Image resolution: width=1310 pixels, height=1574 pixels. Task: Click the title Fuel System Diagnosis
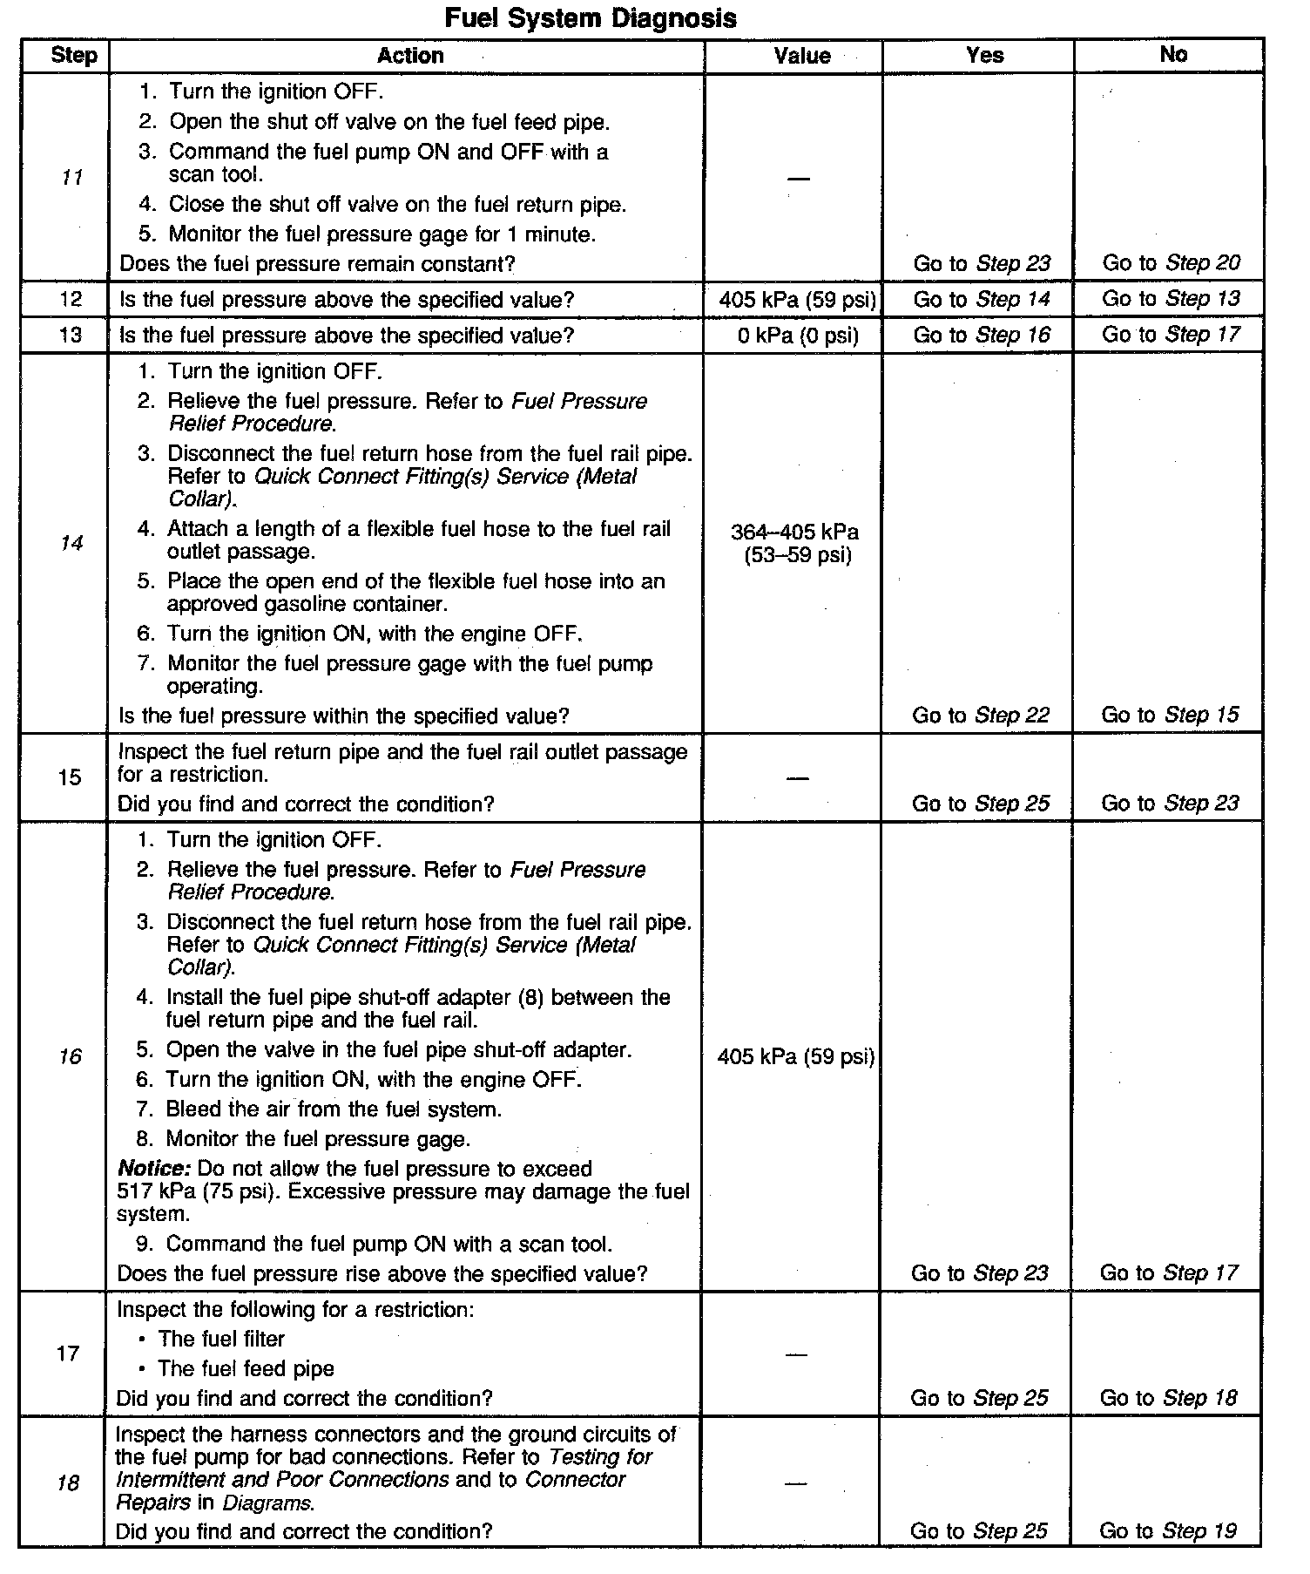[590, 17]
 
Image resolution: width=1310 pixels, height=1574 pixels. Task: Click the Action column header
[409, 56]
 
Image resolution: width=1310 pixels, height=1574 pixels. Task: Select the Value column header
[801, 56]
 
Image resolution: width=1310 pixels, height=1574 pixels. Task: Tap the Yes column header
[984, 56]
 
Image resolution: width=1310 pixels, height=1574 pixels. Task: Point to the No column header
[1172, 55]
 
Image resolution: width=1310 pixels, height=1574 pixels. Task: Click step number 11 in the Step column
[72, 178]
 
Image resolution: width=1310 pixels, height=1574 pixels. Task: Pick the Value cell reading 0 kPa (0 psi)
[797, 336]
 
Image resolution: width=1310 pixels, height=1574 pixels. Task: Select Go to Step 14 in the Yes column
[982, 300]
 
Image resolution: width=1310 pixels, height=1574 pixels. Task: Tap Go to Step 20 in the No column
[1171, 263]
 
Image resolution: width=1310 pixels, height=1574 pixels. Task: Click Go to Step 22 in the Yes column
[981, 716]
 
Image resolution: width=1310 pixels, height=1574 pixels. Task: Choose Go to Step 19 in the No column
[1168, 1530]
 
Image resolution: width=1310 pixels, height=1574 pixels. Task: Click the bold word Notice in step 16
[153, 1169]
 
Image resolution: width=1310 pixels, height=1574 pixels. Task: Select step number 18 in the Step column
[69, 1482]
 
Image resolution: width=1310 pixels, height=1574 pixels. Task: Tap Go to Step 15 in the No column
[1170, 716]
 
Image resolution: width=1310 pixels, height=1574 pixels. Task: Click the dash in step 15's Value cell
[796, 777]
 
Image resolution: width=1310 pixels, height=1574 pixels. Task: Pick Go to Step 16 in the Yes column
[982, 336]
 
